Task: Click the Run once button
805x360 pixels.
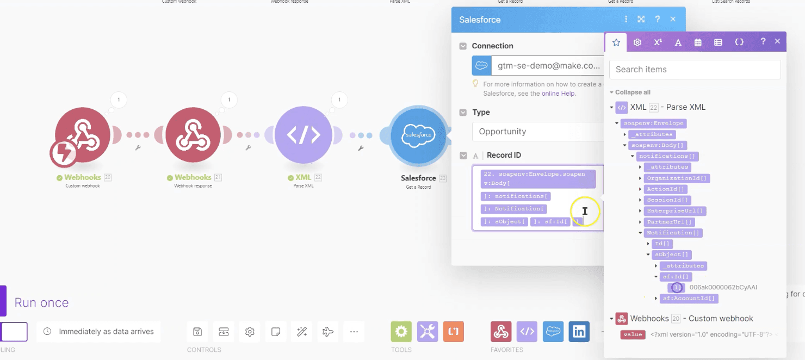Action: (41, 303)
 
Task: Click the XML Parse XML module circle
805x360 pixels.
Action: (303, 134)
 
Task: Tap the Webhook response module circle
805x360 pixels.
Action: (193, 134)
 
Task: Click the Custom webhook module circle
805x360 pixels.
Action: (83, 134)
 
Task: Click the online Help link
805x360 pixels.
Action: (559, 94)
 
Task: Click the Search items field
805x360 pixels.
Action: (695, 70)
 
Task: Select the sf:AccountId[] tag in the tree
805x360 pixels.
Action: (689, 299)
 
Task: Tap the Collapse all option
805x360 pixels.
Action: (632, 92)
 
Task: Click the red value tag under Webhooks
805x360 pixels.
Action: (633, 335)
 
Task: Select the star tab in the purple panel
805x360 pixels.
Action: (616, 42)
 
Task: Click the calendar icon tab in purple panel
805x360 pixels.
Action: (698, 42)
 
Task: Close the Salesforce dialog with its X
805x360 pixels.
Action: (673, 19)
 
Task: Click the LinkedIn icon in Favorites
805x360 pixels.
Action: (579, 331)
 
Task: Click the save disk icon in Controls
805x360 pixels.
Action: (197, 331)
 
